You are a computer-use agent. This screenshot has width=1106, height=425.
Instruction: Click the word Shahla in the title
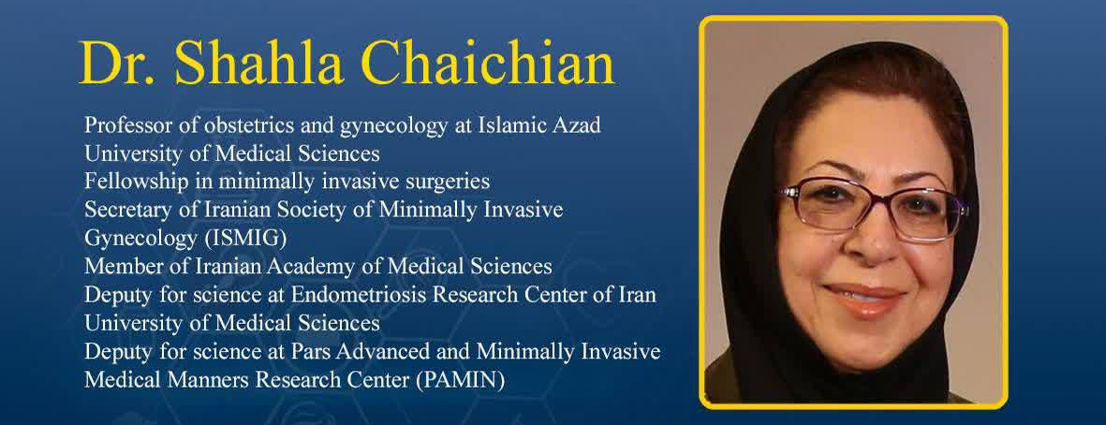tap(259, 63)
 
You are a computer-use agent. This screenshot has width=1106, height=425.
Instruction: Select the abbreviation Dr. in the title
tap(119, 63)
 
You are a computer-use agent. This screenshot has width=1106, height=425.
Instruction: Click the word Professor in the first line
tap(125, 125)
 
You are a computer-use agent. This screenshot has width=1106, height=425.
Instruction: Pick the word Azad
tap(576, 125)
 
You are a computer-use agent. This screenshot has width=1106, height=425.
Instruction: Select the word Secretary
tap(122, 210)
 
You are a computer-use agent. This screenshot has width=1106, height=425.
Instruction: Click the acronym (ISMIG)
tap(245, 239)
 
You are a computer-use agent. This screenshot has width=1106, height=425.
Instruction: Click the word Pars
tap(323, 351)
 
